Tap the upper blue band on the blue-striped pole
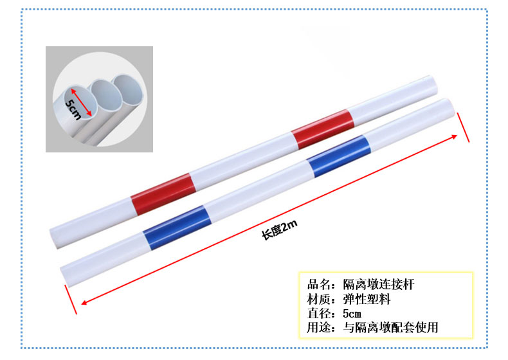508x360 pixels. click(x=338, y=156)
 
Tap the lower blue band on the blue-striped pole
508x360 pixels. click(x=177, y=228)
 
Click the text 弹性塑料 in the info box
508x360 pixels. click(x=367, y=299)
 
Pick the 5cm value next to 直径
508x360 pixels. click(x=352, y=314)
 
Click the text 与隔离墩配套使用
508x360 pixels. click(x=391, y=328)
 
